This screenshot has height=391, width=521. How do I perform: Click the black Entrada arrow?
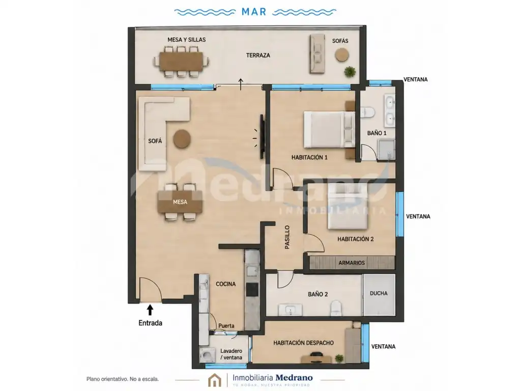150,310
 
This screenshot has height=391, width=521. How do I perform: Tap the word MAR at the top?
254,12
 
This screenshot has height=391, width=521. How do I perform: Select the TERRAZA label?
258,55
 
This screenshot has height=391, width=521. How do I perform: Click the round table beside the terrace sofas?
341,55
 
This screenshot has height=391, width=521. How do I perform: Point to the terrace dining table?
181,62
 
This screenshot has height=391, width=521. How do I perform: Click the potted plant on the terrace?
350,71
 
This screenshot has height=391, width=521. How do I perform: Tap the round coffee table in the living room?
182,138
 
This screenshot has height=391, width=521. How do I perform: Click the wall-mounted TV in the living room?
262,136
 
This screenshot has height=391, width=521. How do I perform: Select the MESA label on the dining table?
180,202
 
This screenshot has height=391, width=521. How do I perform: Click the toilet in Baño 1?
367,111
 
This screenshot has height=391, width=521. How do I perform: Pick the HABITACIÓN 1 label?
309,157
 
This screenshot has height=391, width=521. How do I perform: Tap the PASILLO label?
287,237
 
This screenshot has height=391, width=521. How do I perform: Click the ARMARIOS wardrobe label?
352,263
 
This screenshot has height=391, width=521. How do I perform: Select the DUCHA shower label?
379,293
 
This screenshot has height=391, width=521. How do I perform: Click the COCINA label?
225,284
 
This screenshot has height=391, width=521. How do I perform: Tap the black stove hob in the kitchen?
252,290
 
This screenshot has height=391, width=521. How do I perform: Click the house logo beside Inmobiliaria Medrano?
215,380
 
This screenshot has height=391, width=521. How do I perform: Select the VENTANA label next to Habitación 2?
418,216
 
